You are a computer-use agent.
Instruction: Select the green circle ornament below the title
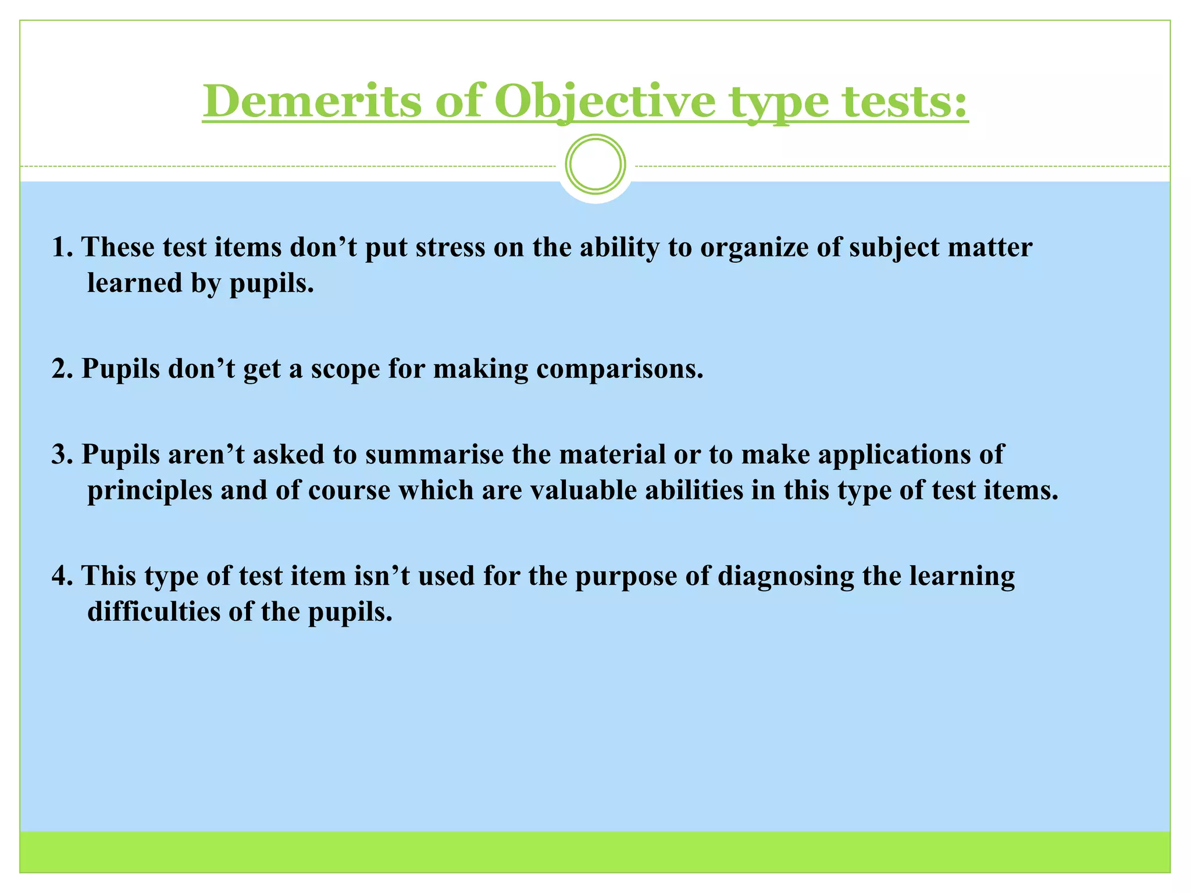click(595, 165)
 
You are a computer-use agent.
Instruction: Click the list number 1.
click(61, 247)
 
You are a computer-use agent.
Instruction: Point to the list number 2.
click(61, 369)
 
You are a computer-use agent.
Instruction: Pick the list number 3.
click(61, 454)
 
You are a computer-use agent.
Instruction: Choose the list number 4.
click(61, 576)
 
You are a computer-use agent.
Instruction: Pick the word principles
click(150, 491)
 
